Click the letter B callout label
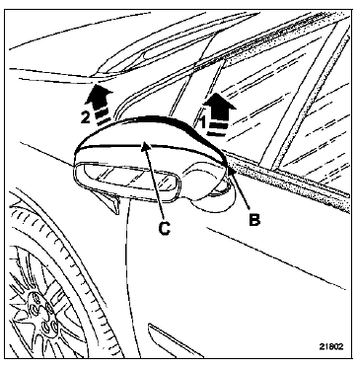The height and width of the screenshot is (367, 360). [254, 219]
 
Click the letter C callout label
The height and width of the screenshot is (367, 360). [164, 227]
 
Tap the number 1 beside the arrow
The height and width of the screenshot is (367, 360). [202, 122]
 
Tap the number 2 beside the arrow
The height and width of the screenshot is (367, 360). [86, 117]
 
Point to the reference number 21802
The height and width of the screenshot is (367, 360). [331, 346]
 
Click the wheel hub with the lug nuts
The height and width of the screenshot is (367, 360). [42, 313]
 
